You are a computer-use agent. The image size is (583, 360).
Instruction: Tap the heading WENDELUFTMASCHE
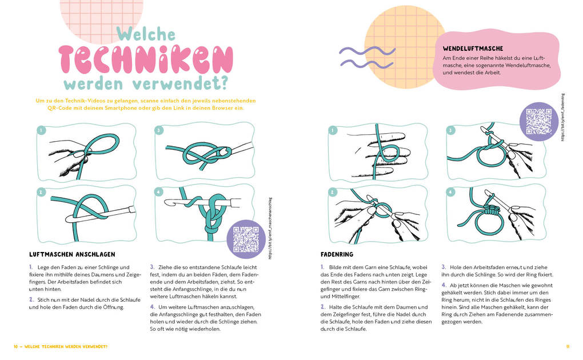473,49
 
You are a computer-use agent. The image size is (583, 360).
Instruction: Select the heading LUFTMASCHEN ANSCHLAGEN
72,254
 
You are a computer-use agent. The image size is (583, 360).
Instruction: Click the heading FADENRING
337,254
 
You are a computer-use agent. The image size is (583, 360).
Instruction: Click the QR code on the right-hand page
538,121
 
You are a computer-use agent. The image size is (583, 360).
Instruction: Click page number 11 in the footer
568,346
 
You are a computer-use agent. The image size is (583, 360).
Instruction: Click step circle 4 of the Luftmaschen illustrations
159,191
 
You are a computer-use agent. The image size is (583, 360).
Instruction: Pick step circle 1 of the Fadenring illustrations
332,130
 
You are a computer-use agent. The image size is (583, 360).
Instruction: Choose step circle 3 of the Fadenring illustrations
450,130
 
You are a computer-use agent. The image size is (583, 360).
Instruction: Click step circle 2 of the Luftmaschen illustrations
41,191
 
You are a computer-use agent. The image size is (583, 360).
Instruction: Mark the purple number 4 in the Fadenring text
444,285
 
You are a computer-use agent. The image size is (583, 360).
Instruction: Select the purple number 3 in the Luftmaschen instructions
152,266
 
